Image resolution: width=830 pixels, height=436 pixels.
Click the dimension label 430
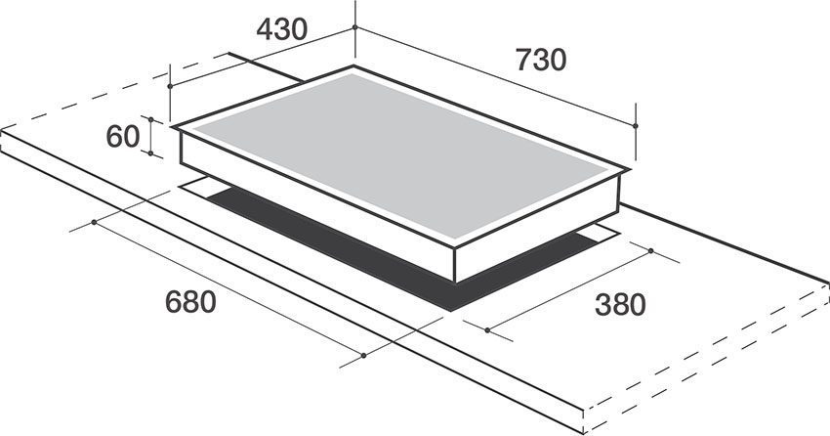pos(282,30)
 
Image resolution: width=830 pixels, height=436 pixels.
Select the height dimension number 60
pos(124,137)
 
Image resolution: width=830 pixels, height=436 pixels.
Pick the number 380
pos(620,305)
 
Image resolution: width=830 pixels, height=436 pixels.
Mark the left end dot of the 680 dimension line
pos(94,222)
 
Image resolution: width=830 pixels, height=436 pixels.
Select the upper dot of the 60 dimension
pos(151,117)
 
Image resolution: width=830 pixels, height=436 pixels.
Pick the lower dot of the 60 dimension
pos(151,153)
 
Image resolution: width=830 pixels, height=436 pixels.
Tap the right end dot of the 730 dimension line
pos(636,125)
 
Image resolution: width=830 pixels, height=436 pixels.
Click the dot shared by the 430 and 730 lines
pos(354,28)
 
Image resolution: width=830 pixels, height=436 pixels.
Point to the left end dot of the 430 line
pos(170,86)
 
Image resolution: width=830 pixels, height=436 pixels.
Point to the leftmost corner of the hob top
pos(173,127)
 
